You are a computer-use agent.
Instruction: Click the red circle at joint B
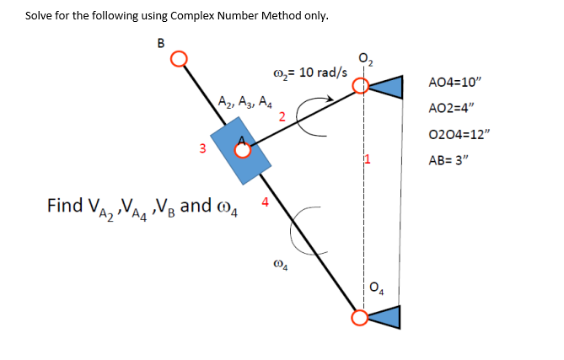coord(178,59)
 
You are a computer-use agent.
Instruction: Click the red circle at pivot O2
coord(361,86)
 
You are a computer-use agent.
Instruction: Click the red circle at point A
coord(243,151)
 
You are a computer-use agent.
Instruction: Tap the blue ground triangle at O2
coord(386,87)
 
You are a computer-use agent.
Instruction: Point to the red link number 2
coord(282,115)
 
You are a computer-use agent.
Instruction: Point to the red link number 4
coord(266,201)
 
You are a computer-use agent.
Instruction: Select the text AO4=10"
coord(454,83)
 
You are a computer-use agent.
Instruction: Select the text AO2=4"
coord(451,109)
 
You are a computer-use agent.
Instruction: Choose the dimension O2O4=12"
coord(458,135)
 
